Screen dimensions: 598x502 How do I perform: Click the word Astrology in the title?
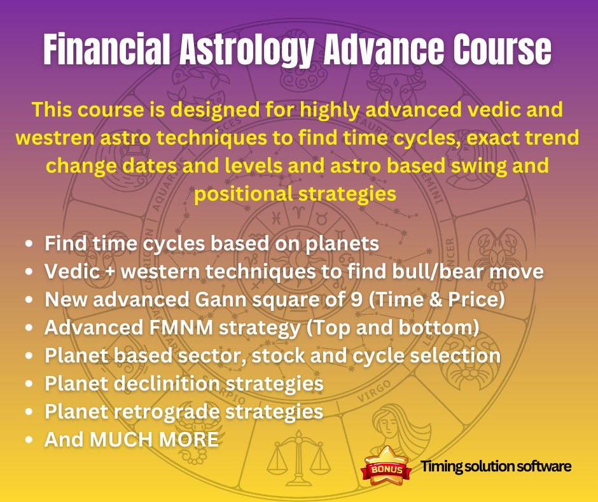247,50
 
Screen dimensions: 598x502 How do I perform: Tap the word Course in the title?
503,49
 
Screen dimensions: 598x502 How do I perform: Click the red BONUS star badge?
386,466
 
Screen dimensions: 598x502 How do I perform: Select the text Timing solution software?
496,466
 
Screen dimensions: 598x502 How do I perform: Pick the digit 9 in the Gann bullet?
356,299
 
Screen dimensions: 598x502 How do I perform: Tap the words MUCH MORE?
154,440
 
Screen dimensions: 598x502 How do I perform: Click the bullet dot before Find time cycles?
29,244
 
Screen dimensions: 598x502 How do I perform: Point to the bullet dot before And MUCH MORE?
29,440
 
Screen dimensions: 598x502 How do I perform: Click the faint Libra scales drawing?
298,457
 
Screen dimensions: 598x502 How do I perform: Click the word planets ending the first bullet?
342,244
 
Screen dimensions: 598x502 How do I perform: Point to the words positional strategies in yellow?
295,194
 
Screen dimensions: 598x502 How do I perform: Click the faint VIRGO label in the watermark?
374,392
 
